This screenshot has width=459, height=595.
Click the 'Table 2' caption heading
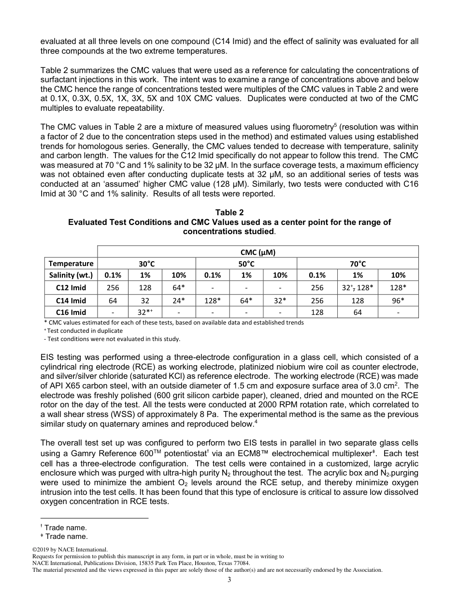[x=229, y=212]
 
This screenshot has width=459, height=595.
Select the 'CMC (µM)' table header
[x=258, y=252]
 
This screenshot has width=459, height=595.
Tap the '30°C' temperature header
[x=145, y=264]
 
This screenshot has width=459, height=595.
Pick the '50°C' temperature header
[x=246, y=264]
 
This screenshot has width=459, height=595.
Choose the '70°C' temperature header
[x=358, y=264]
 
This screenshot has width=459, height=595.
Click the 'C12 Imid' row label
[x=71, y=288]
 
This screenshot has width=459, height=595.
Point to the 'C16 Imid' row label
[x=71, y=312]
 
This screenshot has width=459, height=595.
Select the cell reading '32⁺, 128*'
[x=358, y=288]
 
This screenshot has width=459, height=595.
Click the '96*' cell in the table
[x=398, y=300]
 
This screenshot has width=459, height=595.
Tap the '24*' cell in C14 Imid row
[x=179, y=300]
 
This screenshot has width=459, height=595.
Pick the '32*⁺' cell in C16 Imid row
[x=145, y=312]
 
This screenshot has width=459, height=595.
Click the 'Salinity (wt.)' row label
[x=71, y=275]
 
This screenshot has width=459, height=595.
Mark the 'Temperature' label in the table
[x=71, y=264]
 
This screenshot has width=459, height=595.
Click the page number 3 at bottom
[x=229, y=580]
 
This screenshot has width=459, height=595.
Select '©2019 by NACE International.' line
[x=70, y=550]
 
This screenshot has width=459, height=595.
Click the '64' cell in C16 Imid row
[x=358, y=312]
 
